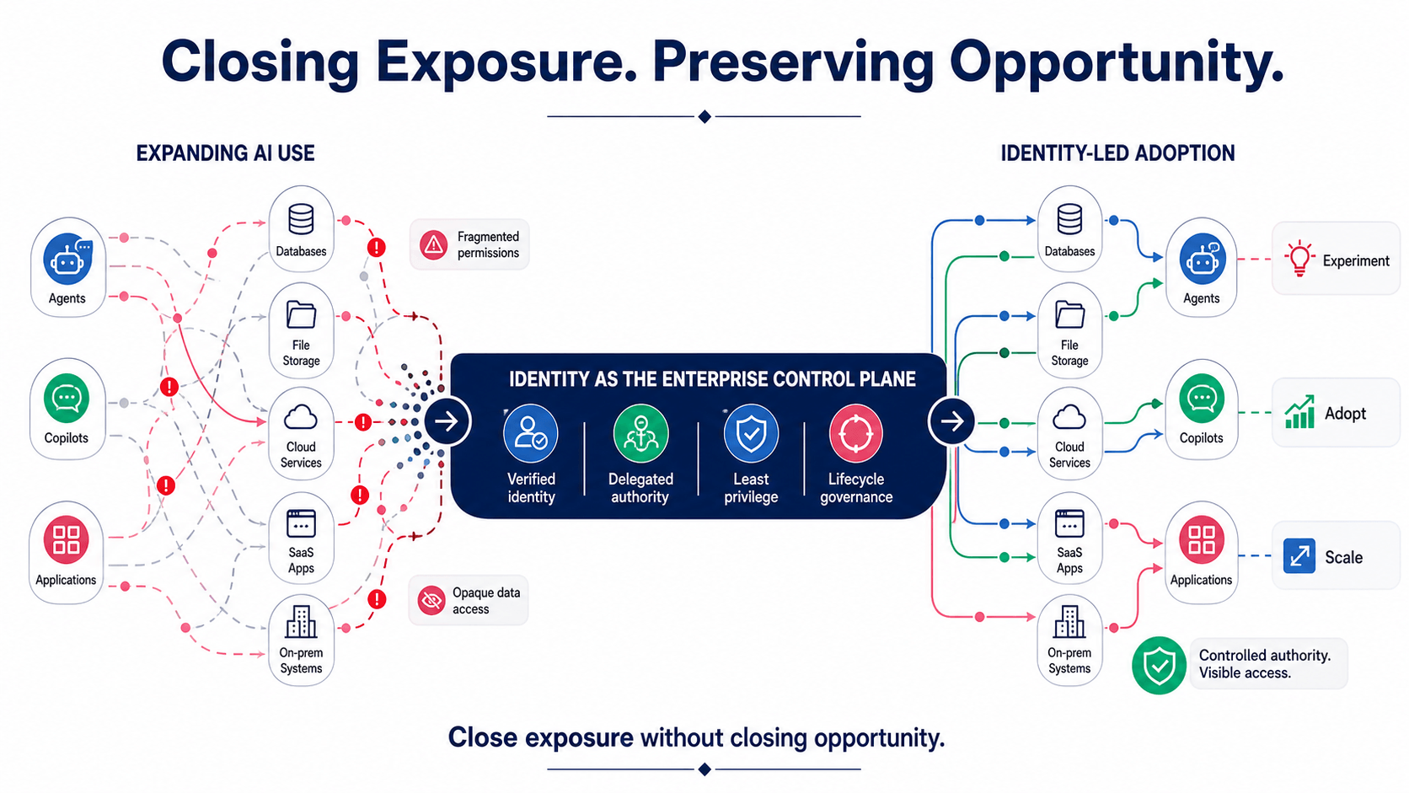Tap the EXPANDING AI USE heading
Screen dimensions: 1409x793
225,153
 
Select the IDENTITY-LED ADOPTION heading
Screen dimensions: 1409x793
1117,153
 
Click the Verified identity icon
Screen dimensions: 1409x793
530,433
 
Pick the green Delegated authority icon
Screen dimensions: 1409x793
640,433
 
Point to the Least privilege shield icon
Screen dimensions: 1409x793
751,433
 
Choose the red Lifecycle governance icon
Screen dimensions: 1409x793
856,433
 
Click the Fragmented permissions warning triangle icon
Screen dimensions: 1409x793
434,244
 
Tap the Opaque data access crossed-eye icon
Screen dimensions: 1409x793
431,601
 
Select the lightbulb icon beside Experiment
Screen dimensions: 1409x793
1299,259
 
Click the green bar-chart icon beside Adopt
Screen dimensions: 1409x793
1299,412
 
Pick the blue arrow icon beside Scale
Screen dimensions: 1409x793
1299,556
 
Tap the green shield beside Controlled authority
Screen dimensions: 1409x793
1159,666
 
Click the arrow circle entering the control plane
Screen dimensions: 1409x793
447,421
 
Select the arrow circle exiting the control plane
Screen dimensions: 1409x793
951,421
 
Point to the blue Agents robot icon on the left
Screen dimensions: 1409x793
67,259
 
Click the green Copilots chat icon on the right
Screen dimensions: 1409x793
1202,398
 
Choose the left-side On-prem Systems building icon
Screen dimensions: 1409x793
302,622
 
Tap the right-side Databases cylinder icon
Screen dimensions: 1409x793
1069,219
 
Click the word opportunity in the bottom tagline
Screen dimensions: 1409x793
879,738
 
